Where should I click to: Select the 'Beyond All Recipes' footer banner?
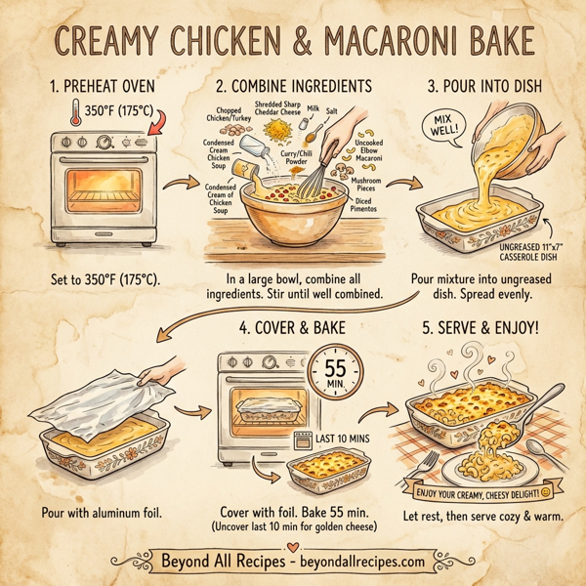293,562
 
